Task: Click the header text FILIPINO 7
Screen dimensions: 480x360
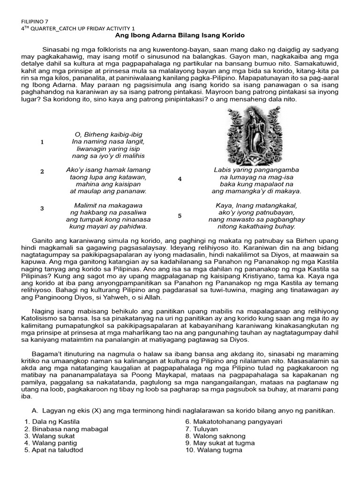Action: (35, 22)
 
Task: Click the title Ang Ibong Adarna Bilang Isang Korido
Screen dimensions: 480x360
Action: (180, 36)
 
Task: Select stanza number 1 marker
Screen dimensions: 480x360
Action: (42, 142)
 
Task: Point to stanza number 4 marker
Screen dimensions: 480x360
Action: (180, 179)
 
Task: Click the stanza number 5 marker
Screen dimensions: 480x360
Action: (180, 216)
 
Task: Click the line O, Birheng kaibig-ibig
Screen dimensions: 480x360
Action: (108, 135)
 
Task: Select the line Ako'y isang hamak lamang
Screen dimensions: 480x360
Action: (108, 170)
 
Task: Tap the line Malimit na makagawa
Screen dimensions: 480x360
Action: (108, 205)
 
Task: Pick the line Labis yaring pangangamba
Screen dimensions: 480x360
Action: (256, 170)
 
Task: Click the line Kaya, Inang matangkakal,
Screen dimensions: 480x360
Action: (256, 205)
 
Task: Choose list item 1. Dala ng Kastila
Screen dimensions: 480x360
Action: (52, 422)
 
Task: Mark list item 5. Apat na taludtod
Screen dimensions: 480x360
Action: (53, 450)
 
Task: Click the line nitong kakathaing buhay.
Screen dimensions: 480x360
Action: (256, 226)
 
